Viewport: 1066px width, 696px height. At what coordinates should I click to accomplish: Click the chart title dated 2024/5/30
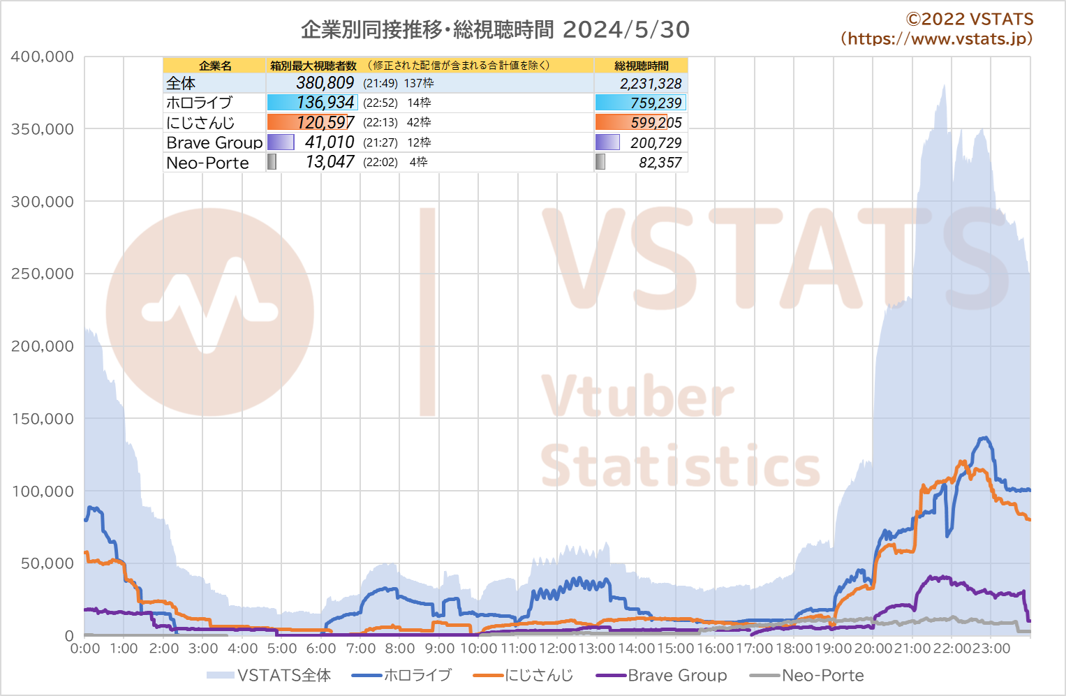point(495,29)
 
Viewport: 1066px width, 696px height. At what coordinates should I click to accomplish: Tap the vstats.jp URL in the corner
point(937,38)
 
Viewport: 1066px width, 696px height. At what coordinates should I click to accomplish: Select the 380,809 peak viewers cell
point(325,83)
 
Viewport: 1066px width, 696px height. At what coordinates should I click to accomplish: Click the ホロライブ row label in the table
point(200,103)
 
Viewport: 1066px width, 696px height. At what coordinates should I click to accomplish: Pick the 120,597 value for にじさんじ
point(325,122)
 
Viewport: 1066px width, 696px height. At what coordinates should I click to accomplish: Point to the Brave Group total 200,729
point(656,142)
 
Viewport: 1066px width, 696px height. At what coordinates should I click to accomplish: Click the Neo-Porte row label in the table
point(207,163)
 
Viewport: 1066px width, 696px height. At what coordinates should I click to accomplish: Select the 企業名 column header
point(215,66)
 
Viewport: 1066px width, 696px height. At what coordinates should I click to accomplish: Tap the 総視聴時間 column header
point(641,66)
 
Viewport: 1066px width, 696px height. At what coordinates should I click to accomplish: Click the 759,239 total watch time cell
point(656,103)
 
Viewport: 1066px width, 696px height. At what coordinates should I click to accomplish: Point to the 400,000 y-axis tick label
point(43,57)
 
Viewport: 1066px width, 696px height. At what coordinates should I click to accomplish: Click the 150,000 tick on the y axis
point(43,419)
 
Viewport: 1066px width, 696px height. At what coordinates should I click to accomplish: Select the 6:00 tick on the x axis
point(320,649)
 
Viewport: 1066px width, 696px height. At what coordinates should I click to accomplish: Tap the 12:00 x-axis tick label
point(557,649)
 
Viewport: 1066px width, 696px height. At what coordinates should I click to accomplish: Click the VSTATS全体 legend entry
point(269,675)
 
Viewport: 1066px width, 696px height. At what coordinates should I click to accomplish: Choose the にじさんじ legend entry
point(524,675)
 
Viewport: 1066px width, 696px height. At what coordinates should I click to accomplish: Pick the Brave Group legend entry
point(662,675)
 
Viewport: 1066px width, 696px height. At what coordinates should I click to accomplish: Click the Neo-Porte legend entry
point(806,675)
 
